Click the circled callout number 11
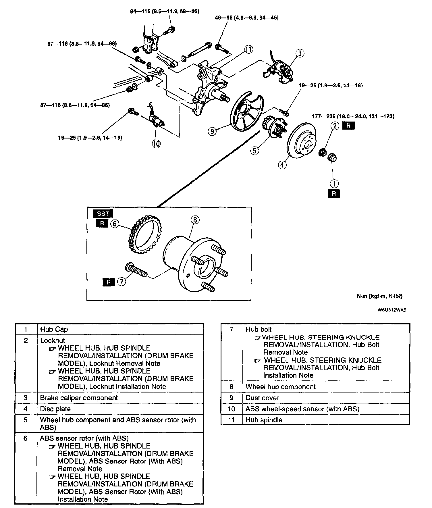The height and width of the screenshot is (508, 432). tap(249, 50)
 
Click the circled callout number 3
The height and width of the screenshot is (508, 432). tap(300, 53)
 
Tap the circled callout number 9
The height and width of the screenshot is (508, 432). tap(212, 132)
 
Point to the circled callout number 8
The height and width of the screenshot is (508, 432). tap(195, 220)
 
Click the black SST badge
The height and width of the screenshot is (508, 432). tap(103, 213)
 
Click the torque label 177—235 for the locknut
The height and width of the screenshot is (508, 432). tap(353, 116)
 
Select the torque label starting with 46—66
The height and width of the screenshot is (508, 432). tap(247, 18)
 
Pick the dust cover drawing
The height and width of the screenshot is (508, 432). tap(244, 113)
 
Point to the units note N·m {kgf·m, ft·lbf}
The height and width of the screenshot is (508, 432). tap(379, 296)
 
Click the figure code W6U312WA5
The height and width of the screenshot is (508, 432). tap(392, 310)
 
